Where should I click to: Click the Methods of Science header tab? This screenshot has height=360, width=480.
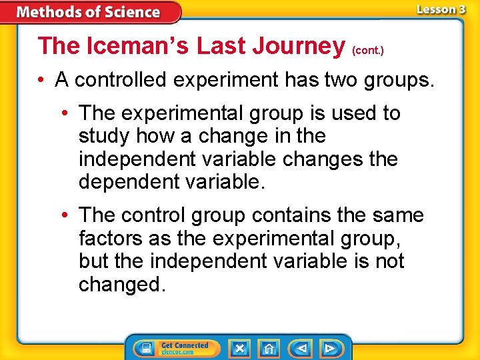[89, 12]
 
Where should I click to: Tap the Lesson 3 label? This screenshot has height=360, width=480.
[440, 9]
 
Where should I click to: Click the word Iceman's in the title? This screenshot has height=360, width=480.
[125, 46]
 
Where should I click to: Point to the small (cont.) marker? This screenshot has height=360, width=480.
[367, 50]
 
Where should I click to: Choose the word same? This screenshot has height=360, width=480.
[399, 215]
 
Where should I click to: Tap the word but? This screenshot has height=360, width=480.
[93, 261]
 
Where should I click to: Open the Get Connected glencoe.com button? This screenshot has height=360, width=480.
[173, 348]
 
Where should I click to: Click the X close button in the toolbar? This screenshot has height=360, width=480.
[239, 348]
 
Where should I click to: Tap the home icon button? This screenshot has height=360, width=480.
[269, 348]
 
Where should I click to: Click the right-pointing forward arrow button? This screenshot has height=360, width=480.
[329, 348]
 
